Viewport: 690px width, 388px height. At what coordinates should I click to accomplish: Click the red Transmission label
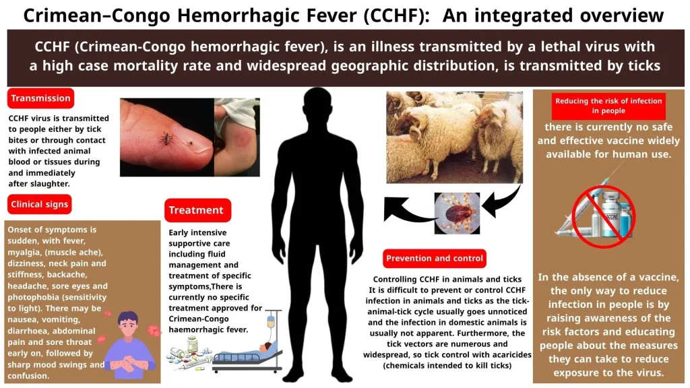coord(40,98)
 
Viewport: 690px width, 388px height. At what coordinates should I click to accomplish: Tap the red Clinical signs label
coord(39,204)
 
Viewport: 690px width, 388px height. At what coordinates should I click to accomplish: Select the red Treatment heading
coord(197,210)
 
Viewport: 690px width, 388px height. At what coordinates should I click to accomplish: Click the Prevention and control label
coord(435,258)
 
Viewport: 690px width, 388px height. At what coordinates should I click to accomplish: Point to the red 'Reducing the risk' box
coord(608,106)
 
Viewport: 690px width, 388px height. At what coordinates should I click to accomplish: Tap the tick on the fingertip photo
coord(166,139)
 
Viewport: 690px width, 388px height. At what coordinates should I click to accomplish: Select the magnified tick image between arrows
coord(457,213)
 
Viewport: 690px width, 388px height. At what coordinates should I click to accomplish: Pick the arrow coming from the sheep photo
coord(501,202)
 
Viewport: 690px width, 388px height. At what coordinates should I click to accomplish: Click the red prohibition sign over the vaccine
coord(603,216)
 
